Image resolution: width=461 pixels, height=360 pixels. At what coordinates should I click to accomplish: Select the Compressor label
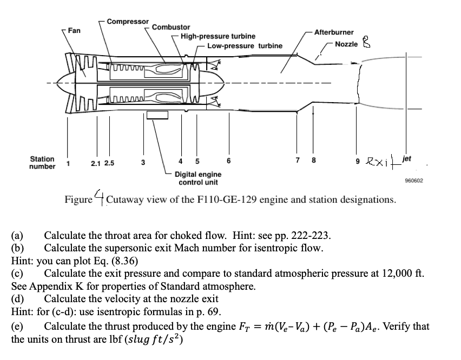[128, 21]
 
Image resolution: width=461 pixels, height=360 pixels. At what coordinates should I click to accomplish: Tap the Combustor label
[171, 27]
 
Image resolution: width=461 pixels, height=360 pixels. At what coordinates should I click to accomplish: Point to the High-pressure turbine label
[218, 36]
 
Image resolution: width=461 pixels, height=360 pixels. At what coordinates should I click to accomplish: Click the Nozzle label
[346, 44]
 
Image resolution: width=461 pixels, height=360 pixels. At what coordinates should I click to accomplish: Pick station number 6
[229, 162]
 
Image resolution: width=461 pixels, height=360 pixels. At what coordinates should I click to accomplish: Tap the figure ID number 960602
[413, 178]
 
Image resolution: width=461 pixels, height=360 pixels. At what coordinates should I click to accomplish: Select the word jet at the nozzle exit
[407, 159]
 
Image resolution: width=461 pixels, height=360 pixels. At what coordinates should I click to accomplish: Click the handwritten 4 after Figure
[100, 196]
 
